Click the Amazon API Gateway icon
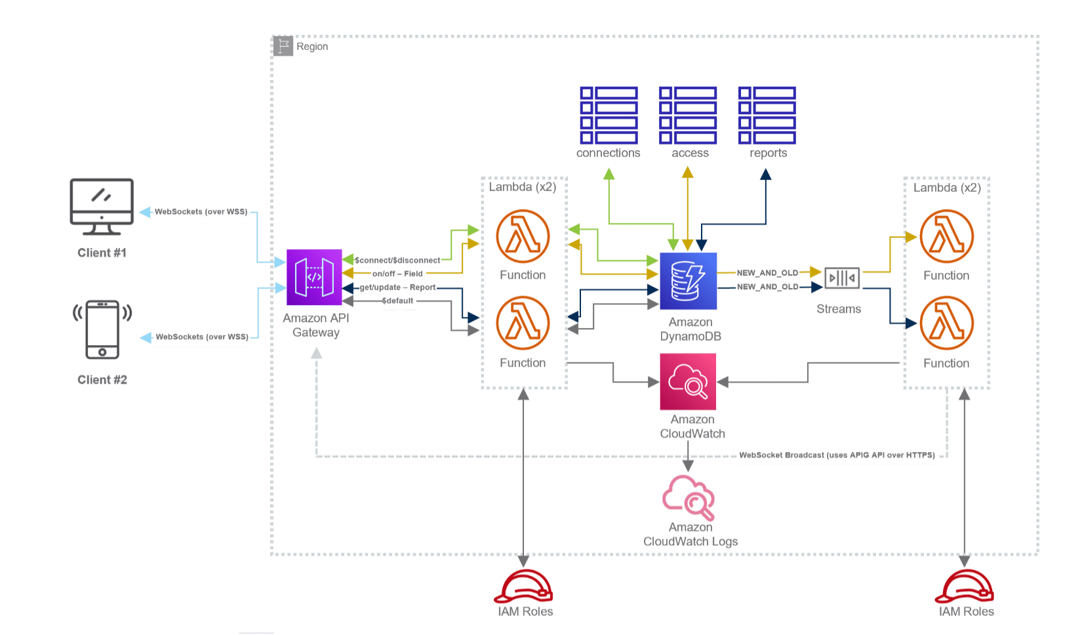[x=314, y=277]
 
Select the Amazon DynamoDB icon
[x=689, y=281]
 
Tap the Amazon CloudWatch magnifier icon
[x=687, y=382]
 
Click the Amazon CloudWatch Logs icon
[x=688, y=498]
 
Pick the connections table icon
[x=609, y=115]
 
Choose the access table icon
[x=688, y=115]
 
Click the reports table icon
[x=767, y=115]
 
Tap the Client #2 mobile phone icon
[x=102, y=329]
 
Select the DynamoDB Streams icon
[x=842, y=278]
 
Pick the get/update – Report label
[x=397, y=287]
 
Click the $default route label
[x=399, y=301]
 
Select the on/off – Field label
[x=397, y=274]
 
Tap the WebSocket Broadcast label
[x=837, y=455]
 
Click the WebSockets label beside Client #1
[x=201, y=212]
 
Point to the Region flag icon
[x=283, y=47]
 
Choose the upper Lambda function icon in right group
[x=946, y=236]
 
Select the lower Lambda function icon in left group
[x=523, y=323]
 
